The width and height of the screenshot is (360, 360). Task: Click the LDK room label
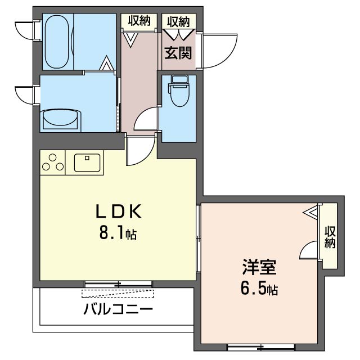pos(119,211)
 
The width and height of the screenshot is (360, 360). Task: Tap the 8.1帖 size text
pos(118,233)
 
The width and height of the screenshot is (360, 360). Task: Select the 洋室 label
pos(259,267)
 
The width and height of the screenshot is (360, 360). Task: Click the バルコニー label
pos(118,309)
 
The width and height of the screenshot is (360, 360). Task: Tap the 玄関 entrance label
pos(178,53)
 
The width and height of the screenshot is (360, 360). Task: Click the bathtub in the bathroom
pos(57,42)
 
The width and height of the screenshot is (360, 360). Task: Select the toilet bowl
pos(179,91)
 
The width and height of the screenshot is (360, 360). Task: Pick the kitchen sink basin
pos(87,163)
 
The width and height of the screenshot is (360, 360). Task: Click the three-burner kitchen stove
pos(53,163)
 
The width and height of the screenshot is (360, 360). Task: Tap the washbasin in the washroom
pos(61,119)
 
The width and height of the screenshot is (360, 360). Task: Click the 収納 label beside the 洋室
pos(330,237)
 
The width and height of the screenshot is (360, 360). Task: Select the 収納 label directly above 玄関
pos(178,22)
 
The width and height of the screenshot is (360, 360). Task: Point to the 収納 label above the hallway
pos(139,21)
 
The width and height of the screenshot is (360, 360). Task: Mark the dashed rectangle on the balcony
pos(118,294)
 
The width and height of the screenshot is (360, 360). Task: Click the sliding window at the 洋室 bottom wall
pos(261,347)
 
